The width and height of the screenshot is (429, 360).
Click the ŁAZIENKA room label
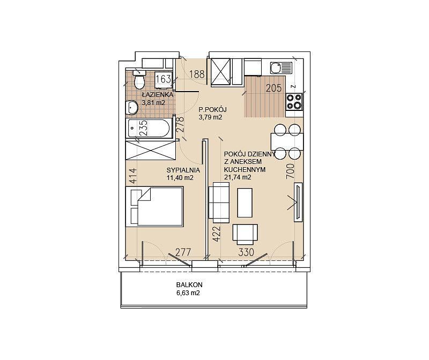[158, 95]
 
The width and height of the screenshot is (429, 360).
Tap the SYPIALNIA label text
[183, 170]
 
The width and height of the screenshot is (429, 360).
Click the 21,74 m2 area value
[238, 177]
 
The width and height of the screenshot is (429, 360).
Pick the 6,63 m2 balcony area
[188, 293]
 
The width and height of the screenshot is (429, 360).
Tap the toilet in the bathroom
[139, 79]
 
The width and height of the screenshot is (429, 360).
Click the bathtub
[150, 129]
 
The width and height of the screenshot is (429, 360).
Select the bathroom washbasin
[132, 108]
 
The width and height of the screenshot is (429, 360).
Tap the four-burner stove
[294, 101]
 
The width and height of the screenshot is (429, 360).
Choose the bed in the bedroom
[154, 206]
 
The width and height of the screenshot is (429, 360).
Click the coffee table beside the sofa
[245, 202]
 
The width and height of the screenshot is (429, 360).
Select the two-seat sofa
[219, 203]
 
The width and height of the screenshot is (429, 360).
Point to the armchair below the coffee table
[245, 234]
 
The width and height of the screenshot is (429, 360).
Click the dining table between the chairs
[287, 141]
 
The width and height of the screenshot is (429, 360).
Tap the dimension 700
[290, 171]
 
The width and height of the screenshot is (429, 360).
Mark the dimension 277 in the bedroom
[183, 252]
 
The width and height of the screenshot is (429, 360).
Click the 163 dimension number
[164, 79]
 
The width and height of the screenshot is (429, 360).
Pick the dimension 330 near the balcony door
[246, 252]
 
